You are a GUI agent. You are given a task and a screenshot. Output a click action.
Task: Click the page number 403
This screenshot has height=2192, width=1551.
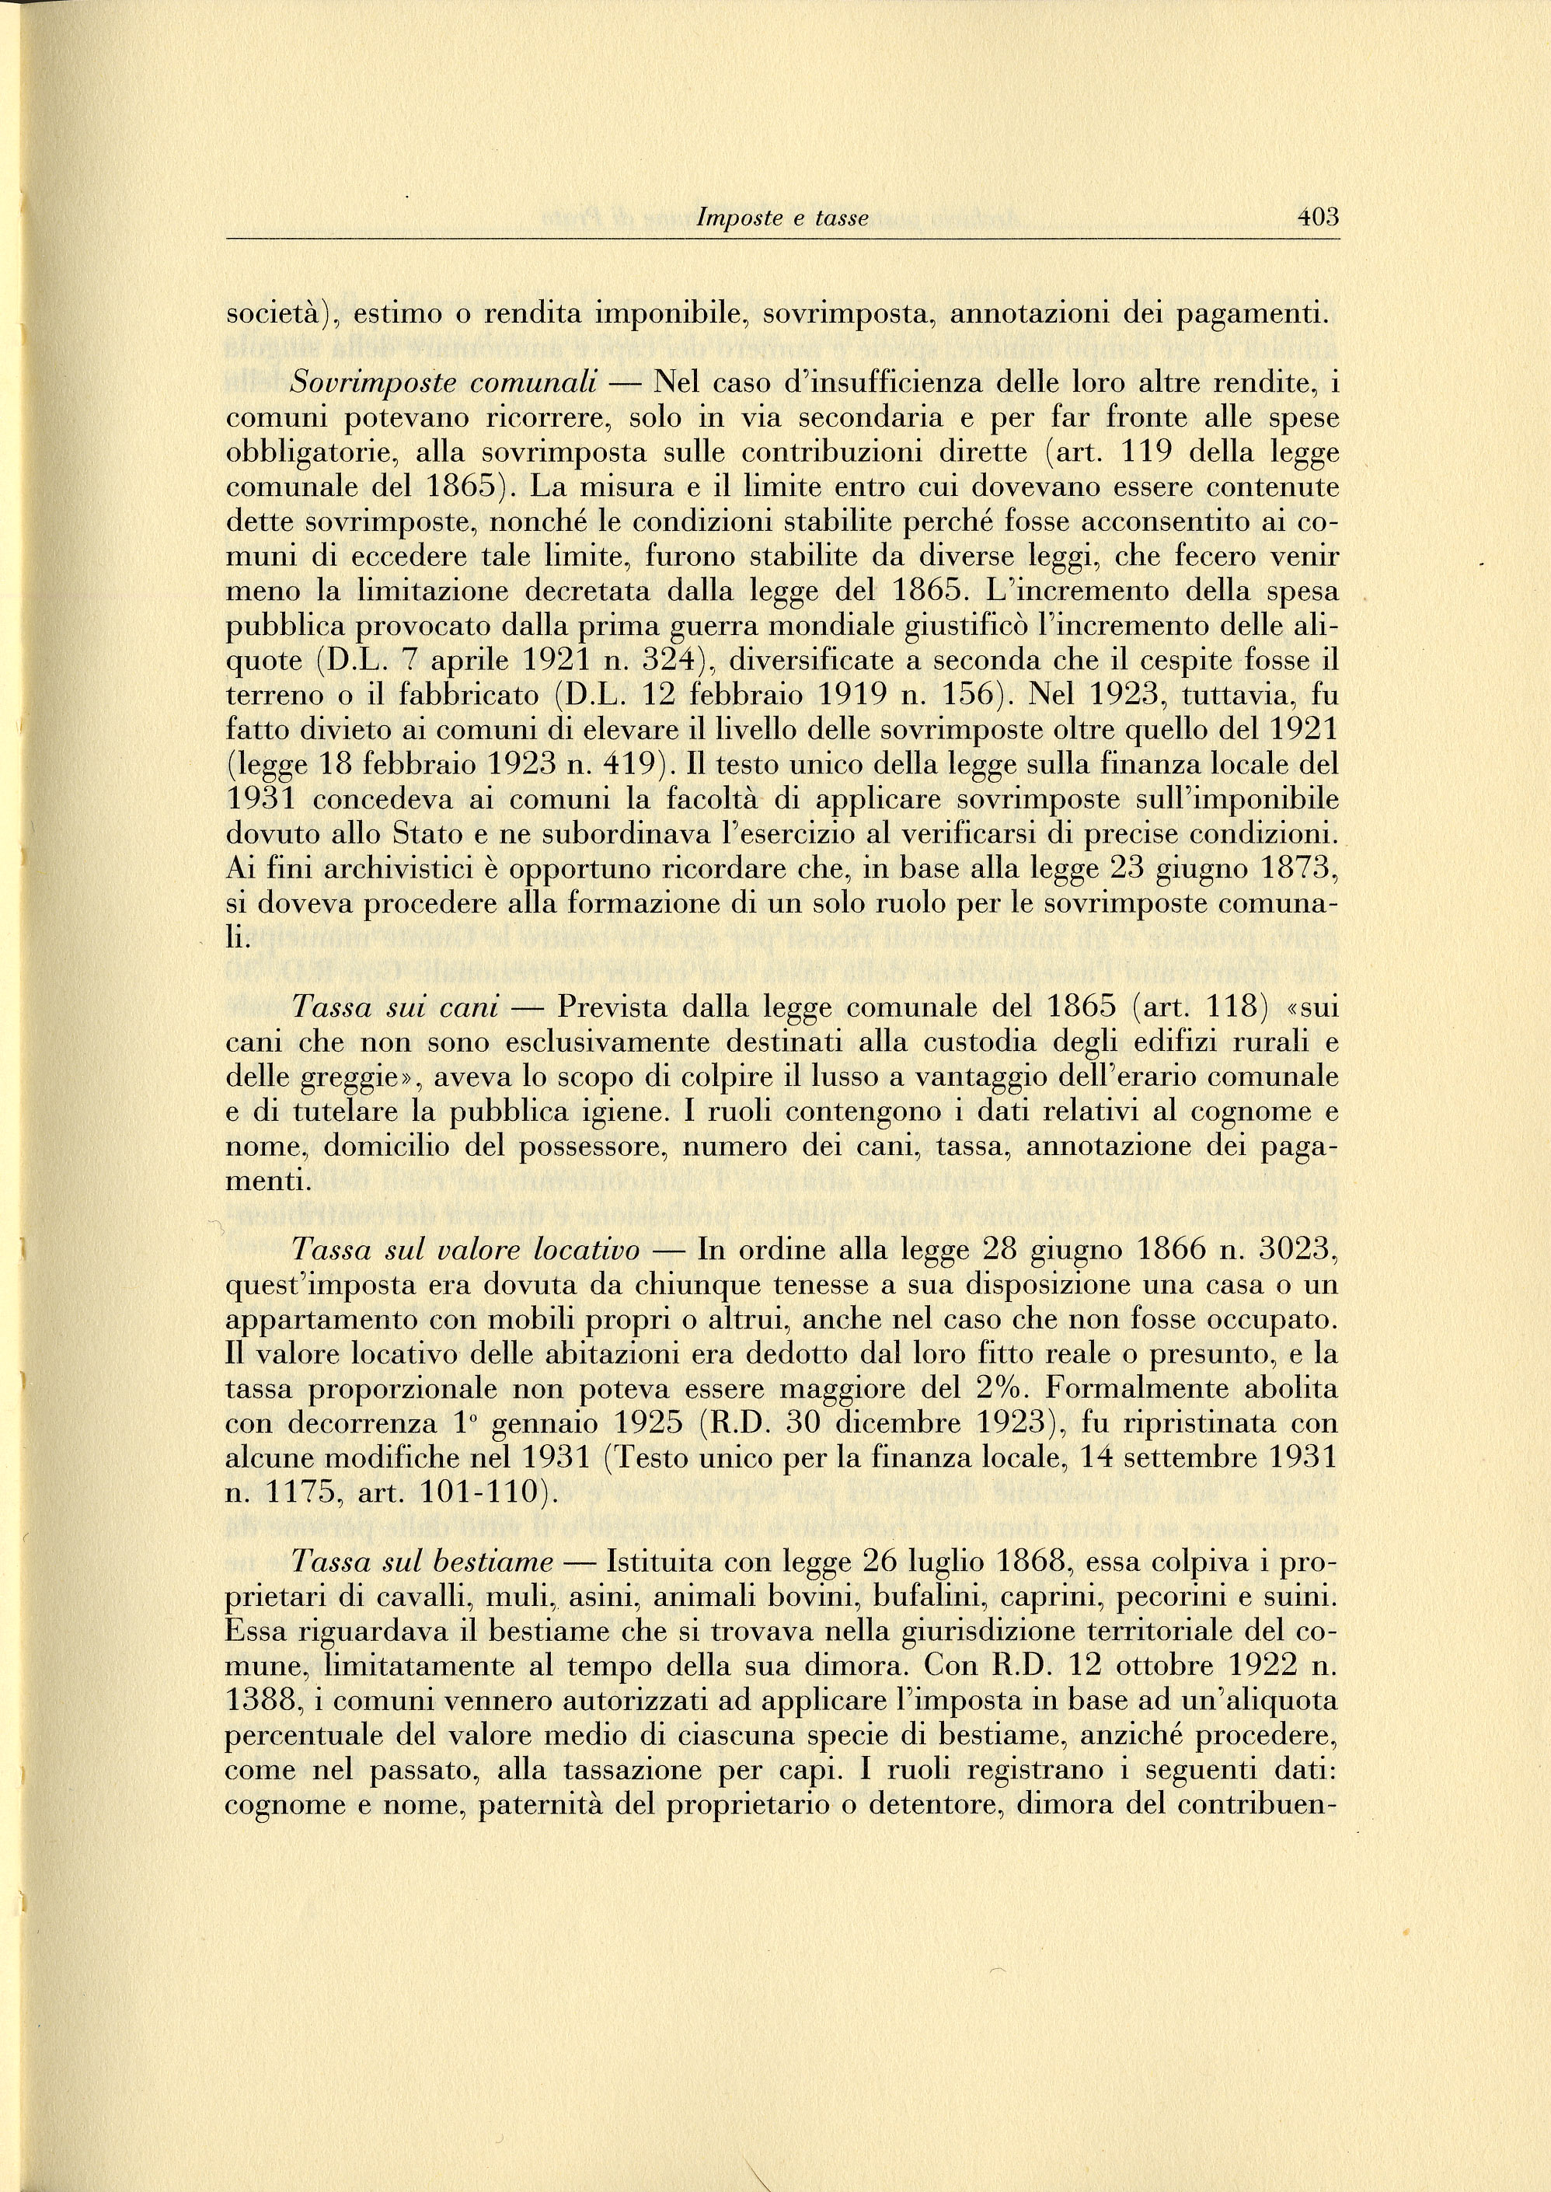pos(1318,217)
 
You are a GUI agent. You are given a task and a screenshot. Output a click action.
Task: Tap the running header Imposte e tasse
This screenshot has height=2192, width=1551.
pos(782,218)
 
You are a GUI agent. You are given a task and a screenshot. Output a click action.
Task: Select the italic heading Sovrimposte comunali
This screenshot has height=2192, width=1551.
pos(445,384)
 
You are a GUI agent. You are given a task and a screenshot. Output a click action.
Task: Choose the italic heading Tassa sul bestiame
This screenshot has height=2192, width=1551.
pos(423,1561)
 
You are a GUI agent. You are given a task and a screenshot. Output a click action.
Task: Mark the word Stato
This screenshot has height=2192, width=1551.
pos(400,834)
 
